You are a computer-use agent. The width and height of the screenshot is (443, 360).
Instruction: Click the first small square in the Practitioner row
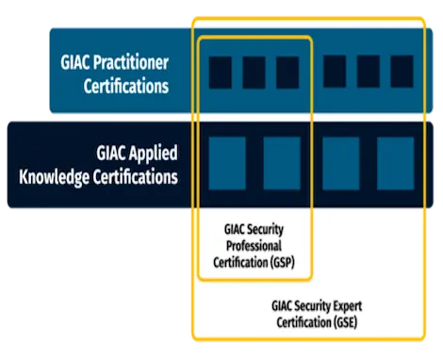tap(220, 72)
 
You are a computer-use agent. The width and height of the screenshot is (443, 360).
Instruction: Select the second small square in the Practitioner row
tap(254, 72)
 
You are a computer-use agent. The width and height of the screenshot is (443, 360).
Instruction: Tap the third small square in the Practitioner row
tap(287, 72)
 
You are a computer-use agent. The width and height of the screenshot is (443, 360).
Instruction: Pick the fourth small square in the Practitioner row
tap(335, 72)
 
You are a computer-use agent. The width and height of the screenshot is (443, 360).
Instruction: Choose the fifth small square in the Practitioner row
tap(369, 72)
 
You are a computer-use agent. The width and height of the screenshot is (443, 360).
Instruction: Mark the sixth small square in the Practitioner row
tap(402, 72)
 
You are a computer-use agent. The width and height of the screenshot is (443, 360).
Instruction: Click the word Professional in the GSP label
tap(254, 246)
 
